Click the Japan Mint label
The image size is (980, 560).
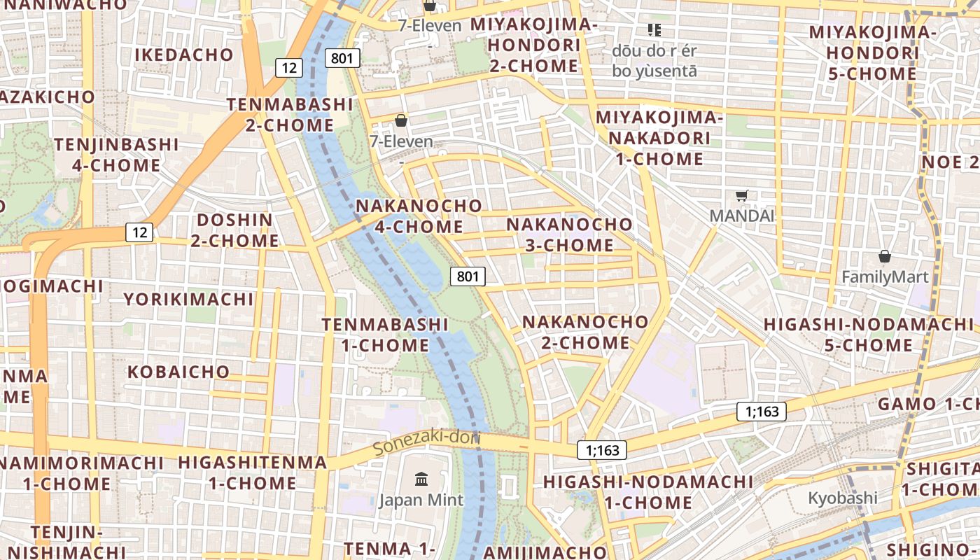[x=421, y=500]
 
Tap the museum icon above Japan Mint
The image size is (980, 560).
[x=421, y=479]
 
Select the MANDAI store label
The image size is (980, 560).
[x=742, y=216]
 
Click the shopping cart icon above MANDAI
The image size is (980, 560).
[x=742, y=195]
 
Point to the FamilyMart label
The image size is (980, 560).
[x=885, y=276]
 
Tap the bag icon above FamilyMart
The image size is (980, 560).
[x=885, y=256]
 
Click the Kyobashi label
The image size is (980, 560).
[x=842, y=498]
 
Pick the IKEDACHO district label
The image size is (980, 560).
[x=183, y=55]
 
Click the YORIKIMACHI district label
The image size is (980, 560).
[x=188, y=300]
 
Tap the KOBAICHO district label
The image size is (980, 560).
[x=178, y=372]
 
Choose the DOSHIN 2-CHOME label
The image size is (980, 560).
[x=234, y=230]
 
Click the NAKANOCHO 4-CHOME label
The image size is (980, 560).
[x=419, y=216]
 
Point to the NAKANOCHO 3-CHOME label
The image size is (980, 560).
[x=569, y=234]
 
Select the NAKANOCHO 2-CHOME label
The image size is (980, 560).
[x=585, y=332]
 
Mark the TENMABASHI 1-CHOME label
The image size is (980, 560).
[x=385, y=335]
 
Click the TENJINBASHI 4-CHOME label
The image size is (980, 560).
[x=116, y=155]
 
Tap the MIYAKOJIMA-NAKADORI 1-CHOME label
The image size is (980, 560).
[x=659, y=138]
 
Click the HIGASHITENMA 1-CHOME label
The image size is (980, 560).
[x=252, y=472]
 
